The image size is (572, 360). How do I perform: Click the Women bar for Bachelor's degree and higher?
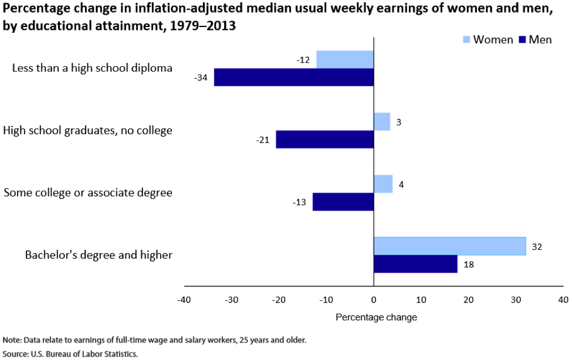[x=449, y=246]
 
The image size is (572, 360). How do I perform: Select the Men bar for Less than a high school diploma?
[x=293, y=77]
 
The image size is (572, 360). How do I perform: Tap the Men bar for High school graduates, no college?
[x=324, y=140]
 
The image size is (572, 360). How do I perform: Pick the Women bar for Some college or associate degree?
[x=383, y=184]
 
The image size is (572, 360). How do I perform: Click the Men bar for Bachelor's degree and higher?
[x=415, y=264]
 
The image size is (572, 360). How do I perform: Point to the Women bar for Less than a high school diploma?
[x=345, y=59]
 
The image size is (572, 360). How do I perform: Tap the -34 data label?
[x=201, y=77]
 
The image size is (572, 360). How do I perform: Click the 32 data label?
[x=536, y=246]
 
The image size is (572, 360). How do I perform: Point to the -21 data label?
[x=263, y=140]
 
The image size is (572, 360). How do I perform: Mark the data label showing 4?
[x=401, y=184]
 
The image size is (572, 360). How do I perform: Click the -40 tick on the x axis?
[x=184, y=300]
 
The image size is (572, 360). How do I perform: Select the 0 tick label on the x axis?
[x=374, y=300]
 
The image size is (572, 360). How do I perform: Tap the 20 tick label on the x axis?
[x=468, y=300]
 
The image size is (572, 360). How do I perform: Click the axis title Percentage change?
[x=376, y=317]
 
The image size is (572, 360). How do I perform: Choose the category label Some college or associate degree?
[x=88, y=192]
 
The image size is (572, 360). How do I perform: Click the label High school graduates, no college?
[x=88, y=130]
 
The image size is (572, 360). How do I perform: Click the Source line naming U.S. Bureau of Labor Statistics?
[x=70, y=354]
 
